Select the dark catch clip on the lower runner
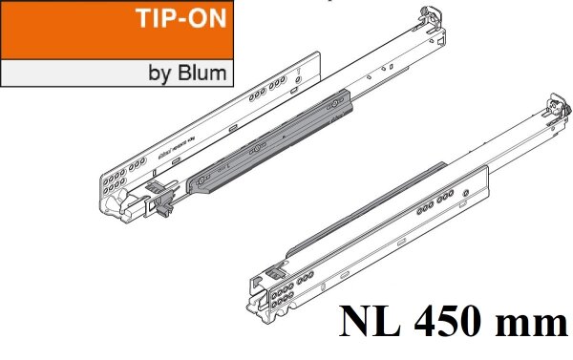pos(274,270)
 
